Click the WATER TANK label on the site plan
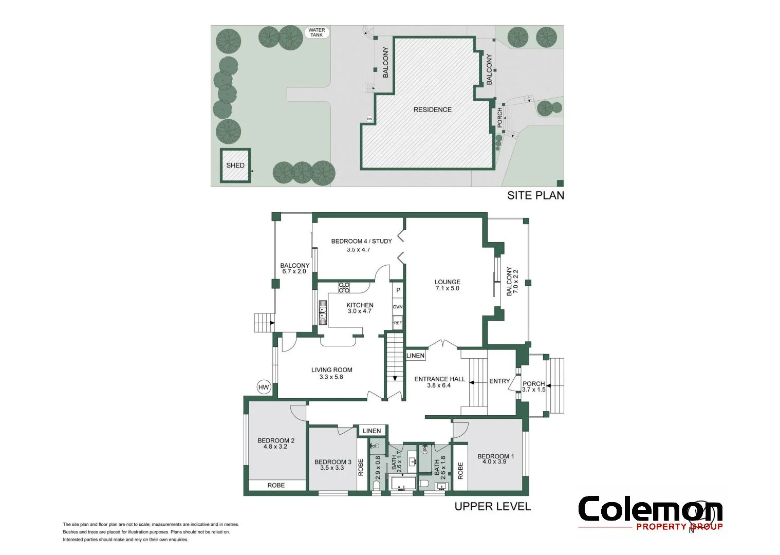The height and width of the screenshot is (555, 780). tap(317, 32)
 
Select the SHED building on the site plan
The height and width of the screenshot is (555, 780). tap(235, 165)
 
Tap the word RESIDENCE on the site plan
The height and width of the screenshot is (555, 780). tap(433, 109)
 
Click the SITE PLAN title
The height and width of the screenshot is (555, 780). tap(535, 195)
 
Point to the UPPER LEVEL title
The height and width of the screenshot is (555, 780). tap(492, 507)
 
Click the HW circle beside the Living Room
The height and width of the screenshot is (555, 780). tap(264, 387)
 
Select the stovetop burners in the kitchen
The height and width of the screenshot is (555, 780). tap(344, 288)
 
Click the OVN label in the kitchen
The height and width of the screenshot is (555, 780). tap(398, 307)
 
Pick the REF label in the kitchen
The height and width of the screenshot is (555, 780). tap(398, 323)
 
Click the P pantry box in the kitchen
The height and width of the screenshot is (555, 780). tap(398, 290)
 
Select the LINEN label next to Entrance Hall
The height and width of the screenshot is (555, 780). tap(416, 356)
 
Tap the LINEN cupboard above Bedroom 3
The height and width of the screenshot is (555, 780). tap(372, 431)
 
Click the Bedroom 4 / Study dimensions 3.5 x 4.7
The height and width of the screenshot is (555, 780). tap(358, 250)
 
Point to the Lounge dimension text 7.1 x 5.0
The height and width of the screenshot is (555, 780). tap(447, 288)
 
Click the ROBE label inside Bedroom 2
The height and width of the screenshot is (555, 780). tap(276, 485)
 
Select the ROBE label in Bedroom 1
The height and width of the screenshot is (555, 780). tap(460, 470)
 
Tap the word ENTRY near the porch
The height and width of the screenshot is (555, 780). tap(499, 381)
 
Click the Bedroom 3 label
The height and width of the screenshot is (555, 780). tap(333, 462)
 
